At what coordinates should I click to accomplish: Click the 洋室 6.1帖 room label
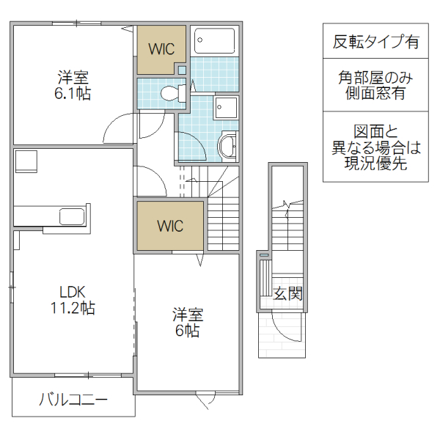click(74, 85)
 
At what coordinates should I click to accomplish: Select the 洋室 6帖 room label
click(188, 323)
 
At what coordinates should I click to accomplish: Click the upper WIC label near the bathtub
click(161, 49)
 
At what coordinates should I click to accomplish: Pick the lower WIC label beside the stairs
click(169, 225)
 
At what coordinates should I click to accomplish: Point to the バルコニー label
click(73, 400)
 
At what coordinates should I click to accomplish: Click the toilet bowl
click(169, 93)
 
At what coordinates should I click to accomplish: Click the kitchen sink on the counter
click(71, 216)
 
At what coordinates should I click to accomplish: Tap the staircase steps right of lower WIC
click(223, 220)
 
